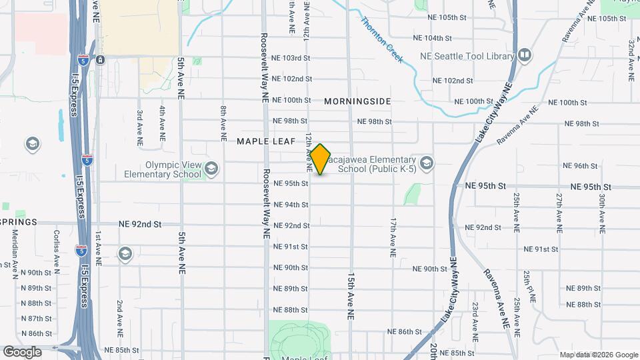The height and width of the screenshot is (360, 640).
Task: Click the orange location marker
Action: coord(321,159)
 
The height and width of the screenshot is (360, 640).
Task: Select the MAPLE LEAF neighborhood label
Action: coord(265,141)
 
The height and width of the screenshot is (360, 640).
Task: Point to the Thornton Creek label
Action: coord(382,39)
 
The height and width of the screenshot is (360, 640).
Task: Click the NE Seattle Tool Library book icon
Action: coord(525,55)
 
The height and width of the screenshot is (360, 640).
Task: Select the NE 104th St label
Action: coord(433,38)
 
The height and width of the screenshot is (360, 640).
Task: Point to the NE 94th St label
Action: coord(291,205)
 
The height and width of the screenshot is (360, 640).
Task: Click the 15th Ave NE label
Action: coord(351,296)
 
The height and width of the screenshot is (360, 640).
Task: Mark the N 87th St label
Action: coord(36,319)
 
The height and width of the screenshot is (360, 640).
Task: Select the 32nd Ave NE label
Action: coord(631,59)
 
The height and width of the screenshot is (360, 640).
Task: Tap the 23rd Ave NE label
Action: coord(475,317)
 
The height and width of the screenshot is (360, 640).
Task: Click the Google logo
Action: coord(22,351)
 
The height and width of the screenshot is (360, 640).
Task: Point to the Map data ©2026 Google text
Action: coord(598,355)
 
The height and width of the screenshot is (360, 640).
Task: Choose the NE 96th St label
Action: coord(582,166)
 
